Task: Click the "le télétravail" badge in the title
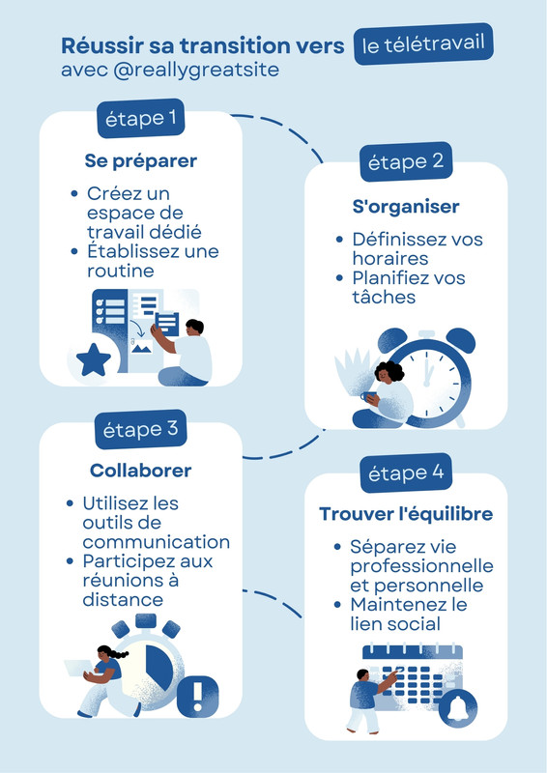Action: pos(423,43)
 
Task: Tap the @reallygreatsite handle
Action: pos(196,70)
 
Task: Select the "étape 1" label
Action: pos(140,118)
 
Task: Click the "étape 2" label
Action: pos(406,161)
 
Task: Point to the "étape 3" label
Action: pos(140,429)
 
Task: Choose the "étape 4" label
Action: pos(406,473)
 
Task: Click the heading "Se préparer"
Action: pos(140,161)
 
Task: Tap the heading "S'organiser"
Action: pos(406,207)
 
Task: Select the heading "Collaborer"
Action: pos(140,471)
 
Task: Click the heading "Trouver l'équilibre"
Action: pos(406,514)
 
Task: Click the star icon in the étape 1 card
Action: pos(94,359)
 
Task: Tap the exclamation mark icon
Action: pos(197,697)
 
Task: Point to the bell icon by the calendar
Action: pos(458,708)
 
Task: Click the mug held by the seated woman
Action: pos(368,396)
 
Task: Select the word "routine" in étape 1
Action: pos(121,271)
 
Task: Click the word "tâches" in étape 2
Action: pos(384,297)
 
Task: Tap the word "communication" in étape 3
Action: pos(157,542)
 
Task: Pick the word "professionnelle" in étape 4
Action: pos(421,566)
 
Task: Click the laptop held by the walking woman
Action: pos(79,669)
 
